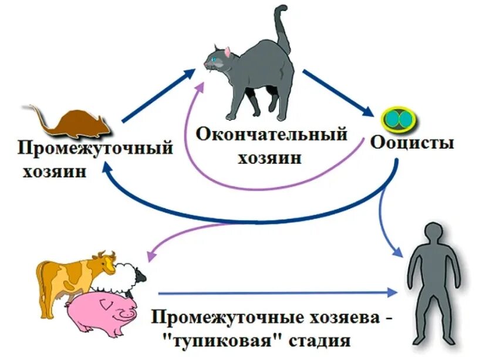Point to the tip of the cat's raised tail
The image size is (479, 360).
(283, 9)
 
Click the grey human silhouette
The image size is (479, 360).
(433, 282)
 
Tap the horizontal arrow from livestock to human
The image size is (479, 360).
(276, 291)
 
